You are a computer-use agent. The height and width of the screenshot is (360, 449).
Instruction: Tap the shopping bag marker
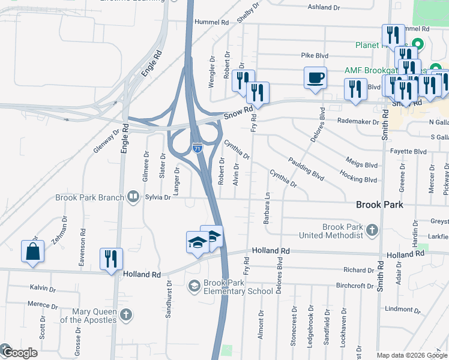pyautogui.click(x=33, y=252)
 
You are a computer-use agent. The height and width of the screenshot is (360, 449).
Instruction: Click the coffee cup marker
pyautogui.click(x=315, y=78)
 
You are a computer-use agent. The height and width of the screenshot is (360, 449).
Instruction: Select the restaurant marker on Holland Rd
pyautogui.click(x=111, y=259)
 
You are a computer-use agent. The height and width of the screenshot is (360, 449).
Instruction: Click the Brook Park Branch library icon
pyautogui.click(x=133, y=197)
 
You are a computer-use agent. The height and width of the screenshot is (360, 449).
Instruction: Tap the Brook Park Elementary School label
pyautogui.click(x=238, y=287)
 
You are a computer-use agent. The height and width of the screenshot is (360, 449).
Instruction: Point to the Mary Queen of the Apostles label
pyautogui.click(x=93, y=316)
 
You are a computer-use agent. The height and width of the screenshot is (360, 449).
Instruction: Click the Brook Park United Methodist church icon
pyautogui.click(x=372, y=230)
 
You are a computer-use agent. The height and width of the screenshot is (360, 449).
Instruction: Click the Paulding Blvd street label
pyautogui.click(x=306, y=169)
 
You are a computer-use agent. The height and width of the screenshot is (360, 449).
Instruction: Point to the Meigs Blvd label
pyautogui.click(x=361, y=163)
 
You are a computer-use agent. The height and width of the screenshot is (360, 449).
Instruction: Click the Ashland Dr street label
pyautogui.click(x=328, y=7)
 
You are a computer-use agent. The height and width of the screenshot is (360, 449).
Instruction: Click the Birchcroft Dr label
pyautogui.click(x=355, y=286)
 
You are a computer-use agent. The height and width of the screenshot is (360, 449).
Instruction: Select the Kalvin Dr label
pyautogui.click(x=43, y=288)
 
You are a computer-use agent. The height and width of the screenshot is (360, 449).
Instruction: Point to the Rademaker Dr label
pyautogui.click(x=358, y=121)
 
